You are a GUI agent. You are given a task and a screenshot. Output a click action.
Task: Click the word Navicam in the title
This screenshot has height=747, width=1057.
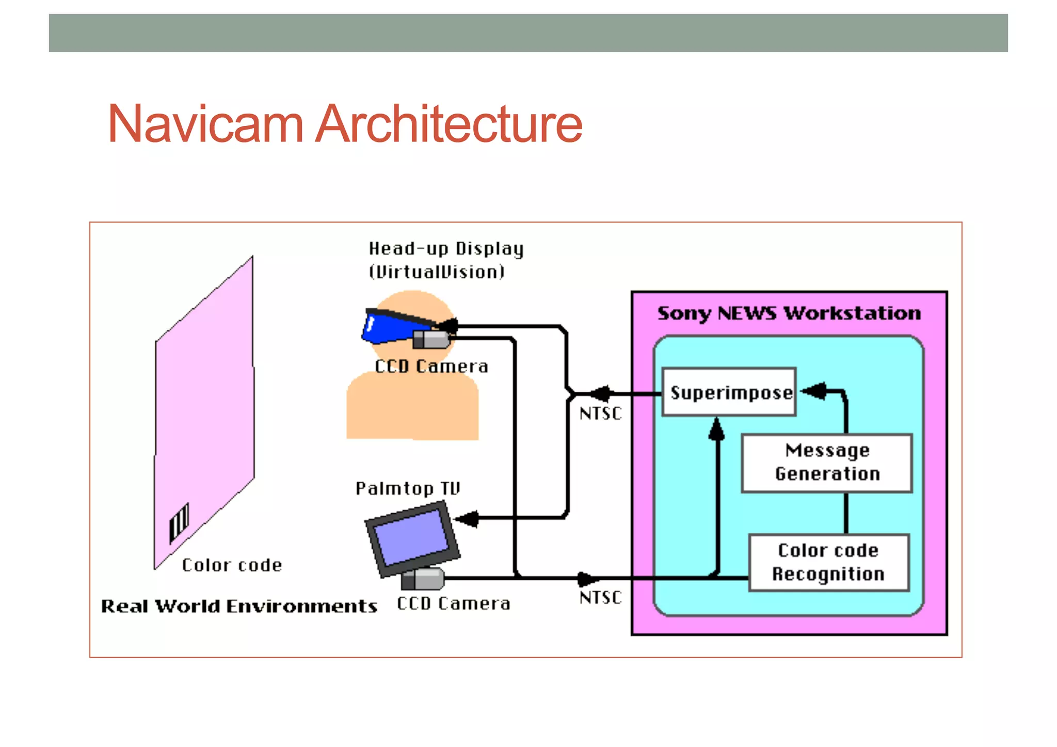coord(205,124)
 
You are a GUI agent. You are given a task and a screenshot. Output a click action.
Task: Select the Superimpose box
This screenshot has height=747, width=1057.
coord(729,392)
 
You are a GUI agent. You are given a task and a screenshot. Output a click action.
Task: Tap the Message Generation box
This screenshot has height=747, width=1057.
coord(827,463)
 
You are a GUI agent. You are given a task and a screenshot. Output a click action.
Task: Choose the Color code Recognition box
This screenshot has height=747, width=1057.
coord(828,562)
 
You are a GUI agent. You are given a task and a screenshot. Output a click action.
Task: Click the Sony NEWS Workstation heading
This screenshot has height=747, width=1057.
coord(789,313)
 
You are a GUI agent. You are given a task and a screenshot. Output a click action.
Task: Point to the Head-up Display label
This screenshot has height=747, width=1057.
coord(446,249)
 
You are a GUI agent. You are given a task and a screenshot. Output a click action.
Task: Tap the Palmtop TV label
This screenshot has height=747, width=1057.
coord(407,488)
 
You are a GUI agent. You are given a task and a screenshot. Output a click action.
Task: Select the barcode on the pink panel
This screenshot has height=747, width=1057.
coord(179,522)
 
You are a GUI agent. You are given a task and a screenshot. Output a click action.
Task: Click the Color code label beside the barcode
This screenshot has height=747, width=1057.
coord(232,565)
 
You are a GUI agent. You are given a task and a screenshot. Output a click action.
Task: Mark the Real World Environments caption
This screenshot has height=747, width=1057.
coord(239,606)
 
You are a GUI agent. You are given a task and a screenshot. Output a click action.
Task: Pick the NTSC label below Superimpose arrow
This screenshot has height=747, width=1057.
coord(600,414)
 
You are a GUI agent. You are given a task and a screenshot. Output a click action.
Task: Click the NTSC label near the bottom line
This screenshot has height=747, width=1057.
coord(600,598)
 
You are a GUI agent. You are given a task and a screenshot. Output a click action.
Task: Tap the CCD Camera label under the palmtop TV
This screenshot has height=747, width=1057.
coord(453,603)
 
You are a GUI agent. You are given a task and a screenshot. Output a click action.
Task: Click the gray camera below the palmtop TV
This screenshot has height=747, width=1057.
coord(423,579)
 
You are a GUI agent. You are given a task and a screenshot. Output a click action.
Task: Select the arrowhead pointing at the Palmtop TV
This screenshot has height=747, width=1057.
coord(467,518)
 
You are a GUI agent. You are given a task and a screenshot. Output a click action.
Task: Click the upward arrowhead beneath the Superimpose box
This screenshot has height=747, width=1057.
coord(716,430)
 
